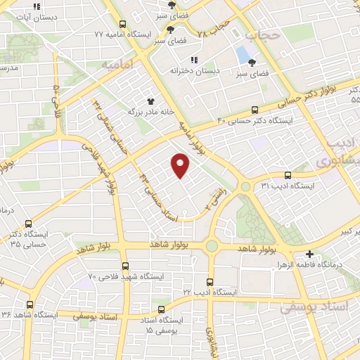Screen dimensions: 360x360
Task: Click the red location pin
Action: coord(181,165)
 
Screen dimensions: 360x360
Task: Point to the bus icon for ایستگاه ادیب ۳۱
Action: coord(287,175)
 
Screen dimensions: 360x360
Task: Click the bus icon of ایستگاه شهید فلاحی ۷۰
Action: coord(125,266)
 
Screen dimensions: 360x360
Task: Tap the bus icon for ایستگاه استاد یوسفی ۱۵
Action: coord(162,309)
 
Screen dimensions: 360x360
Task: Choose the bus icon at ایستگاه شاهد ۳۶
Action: coord(30,304)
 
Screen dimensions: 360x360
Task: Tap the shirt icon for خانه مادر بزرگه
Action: coord(149,102)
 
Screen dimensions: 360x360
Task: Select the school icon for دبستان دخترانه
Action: coord(195,60)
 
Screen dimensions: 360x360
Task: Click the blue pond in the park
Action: coord(243,53)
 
